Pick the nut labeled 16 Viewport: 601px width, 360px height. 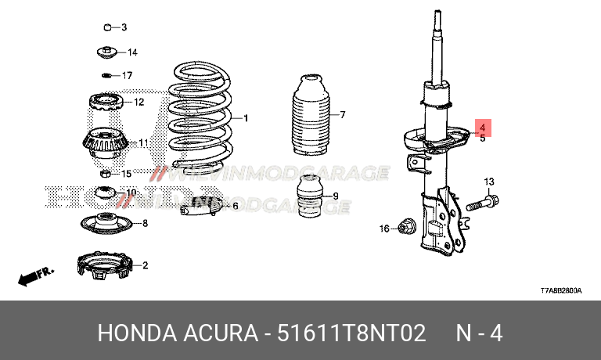click(406, 228)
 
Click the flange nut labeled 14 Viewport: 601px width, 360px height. click(106, 52)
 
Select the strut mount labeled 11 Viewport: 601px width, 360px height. click(104, 143)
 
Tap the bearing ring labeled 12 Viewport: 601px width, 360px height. click(104, 102)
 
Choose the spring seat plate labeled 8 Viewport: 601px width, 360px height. click(106, 224)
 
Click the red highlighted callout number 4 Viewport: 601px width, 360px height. click(483, 127)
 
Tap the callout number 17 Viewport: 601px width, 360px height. click(128, 76)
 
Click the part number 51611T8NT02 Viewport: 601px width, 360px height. click(351, 333)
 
